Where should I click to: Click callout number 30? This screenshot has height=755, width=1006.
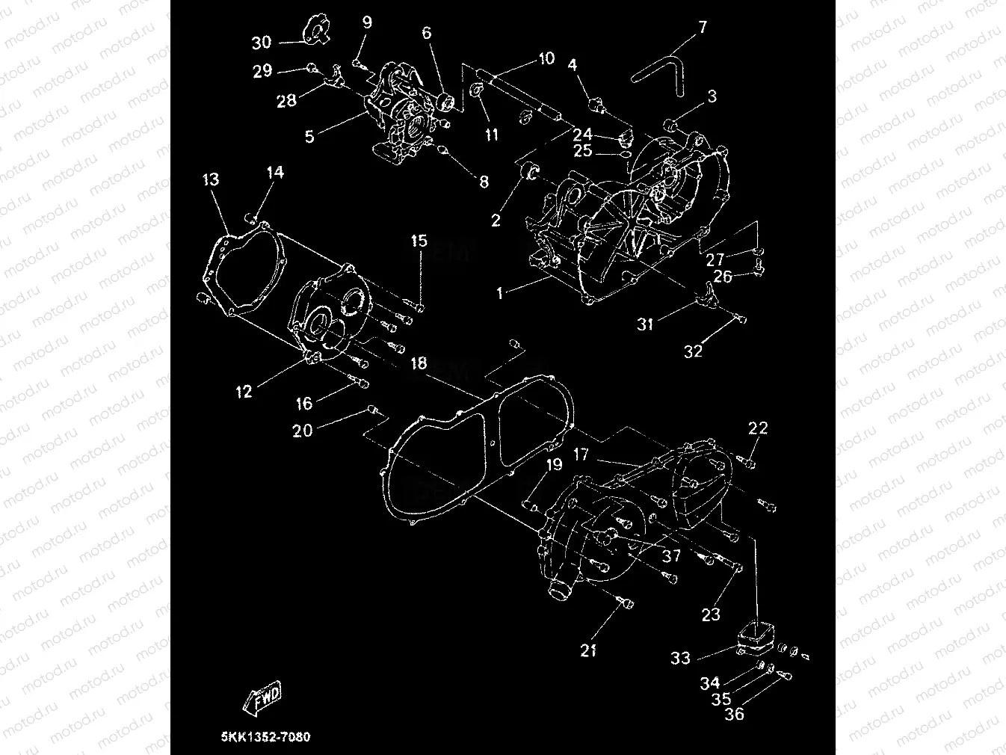[261, 43]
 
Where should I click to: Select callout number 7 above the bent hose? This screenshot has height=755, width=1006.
[702, 28]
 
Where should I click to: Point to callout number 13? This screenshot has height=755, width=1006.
[211, 179]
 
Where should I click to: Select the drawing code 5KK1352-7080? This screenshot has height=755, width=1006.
[265, 737]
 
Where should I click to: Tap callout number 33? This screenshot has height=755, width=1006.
[680, 658]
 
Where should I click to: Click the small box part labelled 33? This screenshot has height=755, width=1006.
[756, 638]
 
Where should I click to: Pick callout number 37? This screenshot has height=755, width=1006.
[671, 555]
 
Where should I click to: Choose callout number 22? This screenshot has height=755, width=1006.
[758, 428]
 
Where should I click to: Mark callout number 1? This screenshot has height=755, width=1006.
[501, 293]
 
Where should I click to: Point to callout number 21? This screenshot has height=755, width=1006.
[589, 650]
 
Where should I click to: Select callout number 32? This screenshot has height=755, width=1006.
[693, 351]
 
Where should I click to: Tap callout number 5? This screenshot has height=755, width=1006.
[309, 137]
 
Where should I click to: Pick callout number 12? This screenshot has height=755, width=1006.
[244, 392]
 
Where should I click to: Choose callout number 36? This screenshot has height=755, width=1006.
[735, 714]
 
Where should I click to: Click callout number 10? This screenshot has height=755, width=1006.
[546, 58]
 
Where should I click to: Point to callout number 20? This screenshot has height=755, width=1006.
[302, 431]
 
